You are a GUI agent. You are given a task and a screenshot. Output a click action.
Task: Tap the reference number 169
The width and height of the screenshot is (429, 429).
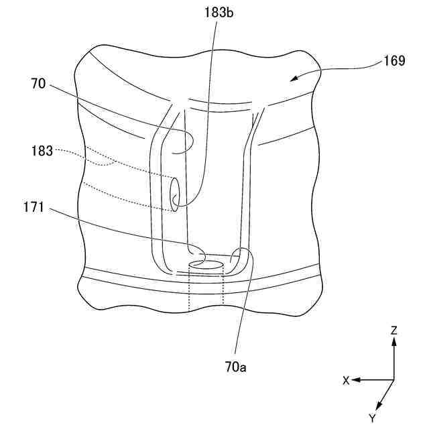point(394,62)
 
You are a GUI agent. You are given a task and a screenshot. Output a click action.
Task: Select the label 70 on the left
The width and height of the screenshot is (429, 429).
point(38,85)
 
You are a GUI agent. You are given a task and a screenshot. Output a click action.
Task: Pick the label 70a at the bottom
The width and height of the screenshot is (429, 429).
point(235,367)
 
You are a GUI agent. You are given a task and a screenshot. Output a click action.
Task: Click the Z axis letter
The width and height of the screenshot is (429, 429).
point(394,330)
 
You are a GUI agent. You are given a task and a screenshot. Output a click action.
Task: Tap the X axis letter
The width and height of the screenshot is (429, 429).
point(346,380)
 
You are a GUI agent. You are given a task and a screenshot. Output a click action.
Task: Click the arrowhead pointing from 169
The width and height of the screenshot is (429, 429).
point(292,80)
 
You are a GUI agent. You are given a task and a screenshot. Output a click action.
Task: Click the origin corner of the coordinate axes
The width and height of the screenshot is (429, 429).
point(394,380)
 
